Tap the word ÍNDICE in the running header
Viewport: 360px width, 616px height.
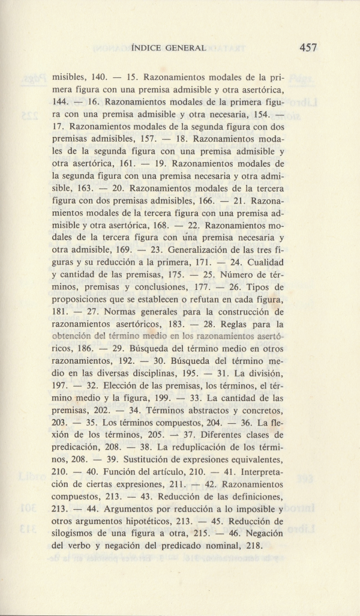[148, 47]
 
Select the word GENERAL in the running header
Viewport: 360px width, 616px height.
[188, 47]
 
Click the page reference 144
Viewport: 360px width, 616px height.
[62, 104]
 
